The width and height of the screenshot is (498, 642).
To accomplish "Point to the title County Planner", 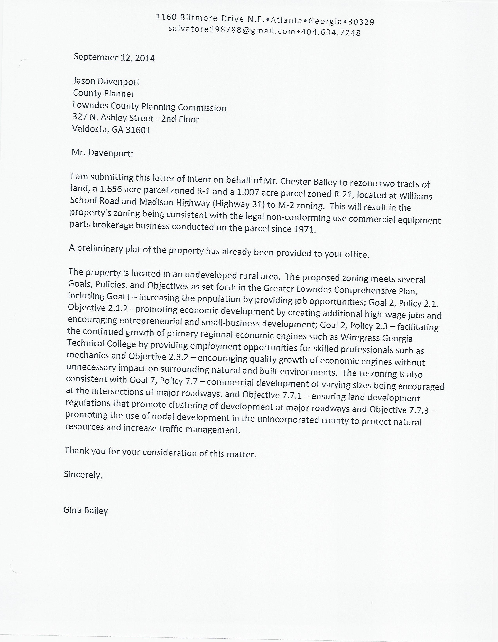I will click(104, 94).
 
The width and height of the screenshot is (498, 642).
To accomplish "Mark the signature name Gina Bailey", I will click(86, 510).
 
